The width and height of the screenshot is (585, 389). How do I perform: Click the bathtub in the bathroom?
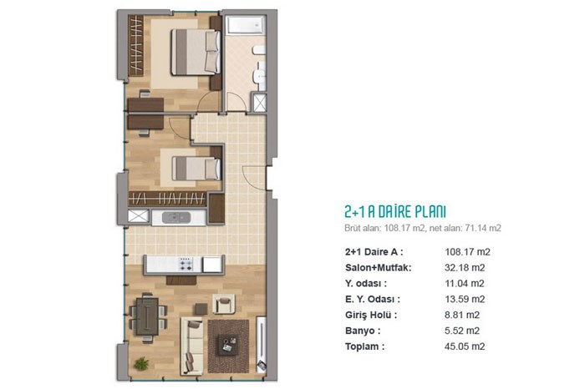coord(246,25)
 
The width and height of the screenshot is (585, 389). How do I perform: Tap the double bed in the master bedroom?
coord(196,52)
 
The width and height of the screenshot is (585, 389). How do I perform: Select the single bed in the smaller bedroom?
coord(196,169)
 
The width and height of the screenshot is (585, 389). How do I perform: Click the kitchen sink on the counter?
coord(176,218)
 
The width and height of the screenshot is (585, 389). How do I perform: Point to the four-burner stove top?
coord(186,264)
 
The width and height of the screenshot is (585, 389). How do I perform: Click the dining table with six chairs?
coord(148,316)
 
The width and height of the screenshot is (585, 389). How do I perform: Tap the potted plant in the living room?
coord(141,363)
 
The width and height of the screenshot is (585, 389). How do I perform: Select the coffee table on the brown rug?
coord(227,345)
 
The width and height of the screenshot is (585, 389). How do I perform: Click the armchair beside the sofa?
coord(224,304)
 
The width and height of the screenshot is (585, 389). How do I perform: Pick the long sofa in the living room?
coord(192,346)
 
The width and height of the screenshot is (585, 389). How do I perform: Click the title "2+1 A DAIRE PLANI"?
coord(395,212)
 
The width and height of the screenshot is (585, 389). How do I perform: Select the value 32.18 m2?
coord(465,267)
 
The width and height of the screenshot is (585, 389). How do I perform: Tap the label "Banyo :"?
coord(363,331)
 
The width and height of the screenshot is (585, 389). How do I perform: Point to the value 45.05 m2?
coord(465,346)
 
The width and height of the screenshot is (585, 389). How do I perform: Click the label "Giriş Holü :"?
coord(371,316)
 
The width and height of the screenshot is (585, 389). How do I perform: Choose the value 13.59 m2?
coord(465,299)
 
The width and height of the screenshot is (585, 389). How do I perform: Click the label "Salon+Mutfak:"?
coord(379,267)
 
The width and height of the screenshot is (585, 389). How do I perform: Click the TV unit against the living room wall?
coord(262,344)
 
